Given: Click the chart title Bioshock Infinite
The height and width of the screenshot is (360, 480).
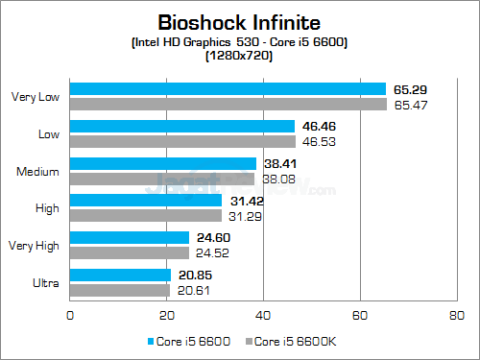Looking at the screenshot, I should click(239, 22).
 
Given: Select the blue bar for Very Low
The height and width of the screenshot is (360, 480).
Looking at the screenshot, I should click(228, 89).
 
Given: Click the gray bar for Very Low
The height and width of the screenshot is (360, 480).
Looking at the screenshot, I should click(228, 103).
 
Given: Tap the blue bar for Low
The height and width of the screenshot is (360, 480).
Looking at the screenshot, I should click(182, 127).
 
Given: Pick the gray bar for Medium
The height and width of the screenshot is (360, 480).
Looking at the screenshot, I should click(162, 178).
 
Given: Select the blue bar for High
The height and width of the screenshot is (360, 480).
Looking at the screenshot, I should click(146, 201).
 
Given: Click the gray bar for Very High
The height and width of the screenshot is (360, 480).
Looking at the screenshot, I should click(130, 252).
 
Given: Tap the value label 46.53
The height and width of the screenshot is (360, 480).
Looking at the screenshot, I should click(319, 140).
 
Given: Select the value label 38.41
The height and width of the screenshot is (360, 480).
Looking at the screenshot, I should click(279, 164).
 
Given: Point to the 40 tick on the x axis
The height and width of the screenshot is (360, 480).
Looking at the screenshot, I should click(263, 314).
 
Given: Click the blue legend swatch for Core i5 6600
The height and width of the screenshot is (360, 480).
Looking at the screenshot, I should click(152, 342).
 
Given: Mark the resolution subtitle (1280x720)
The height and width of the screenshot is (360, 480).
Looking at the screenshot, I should click(239, 56).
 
